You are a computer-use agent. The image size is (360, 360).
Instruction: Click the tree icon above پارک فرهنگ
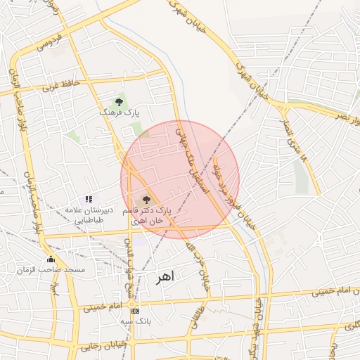[x=119, y=102]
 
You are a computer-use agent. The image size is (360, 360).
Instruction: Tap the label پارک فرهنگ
[x=119, y=112]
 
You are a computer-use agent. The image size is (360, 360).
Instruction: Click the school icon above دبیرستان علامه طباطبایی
[x=89, y=200]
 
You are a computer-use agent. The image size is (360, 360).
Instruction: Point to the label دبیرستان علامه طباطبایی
[x=84, y=215]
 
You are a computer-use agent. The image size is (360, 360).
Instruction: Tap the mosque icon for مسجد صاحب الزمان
[x=51, y=259]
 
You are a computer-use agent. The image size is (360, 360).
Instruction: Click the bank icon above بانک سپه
[x=135, y=311]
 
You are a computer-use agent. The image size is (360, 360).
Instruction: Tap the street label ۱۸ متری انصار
[x=295, y=138]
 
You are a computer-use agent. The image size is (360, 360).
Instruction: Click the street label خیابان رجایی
[x=105, y=345]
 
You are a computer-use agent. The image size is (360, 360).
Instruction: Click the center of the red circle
[x=180, y=179]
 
